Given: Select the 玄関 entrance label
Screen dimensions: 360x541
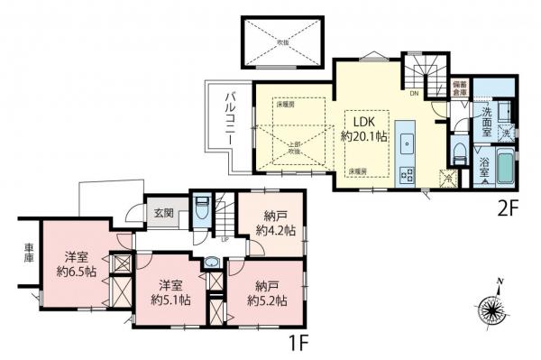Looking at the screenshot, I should [x=162, y=213].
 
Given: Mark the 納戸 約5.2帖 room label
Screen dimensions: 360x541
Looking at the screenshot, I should [x=269, y=294].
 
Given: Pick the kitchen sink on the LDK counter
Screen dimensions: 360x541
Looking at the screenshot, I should [x=407, y=143].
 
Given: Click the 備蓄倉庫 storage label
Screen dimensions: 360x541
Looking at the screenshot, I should [x=460, y=87].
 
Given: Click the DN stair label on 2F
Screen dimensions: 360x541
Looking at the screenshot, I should [x=413, y=93].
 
